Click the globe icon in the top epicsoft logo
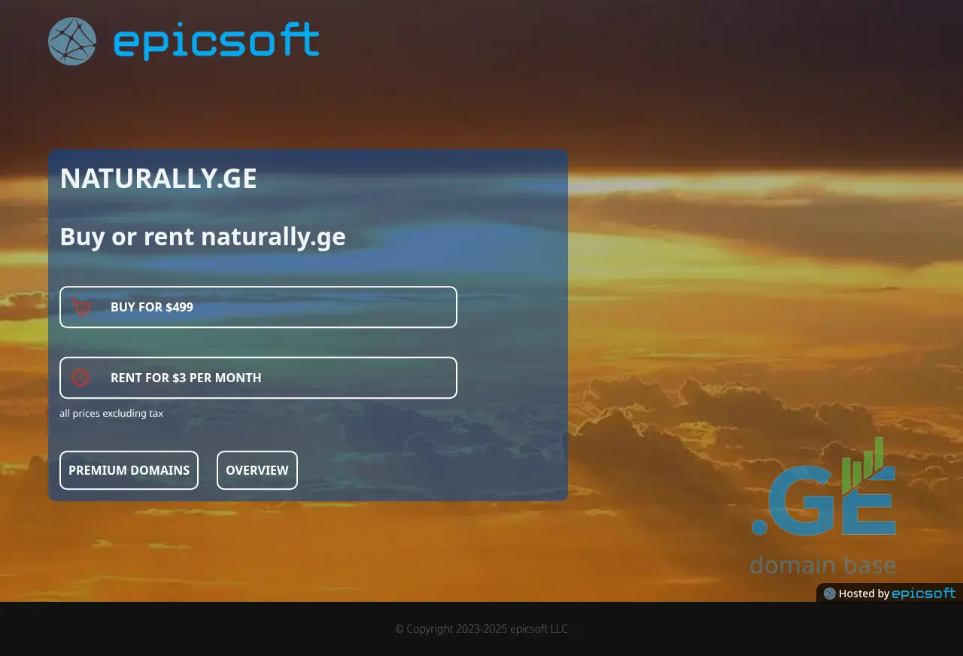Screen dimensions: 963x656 tap(71, 41)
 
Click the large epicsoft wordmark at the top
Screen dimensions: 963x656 tap(216, 41)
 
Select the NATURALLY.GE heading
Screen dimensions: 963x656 tap(158, 178)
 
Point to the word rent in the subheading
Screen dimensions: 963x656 tap(169, 236)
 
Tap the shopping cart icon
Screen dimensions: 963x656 tap(81, 307)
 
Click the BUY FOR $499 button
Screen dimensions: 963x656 tap(258, 307)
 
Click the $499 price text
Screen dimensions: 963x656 tap(179, 307)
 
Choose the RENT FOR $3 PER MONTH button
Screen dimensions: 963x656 tap(258, 378)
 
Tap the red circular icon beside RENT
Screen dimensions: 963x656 tap(81, 378)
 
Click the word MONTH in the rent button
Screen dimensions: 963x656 tap(238, 378)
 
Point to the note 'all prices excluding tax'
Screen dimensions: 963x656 tap(111, 413)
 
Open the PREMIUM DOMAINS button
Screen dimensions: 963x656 tap(129, 470)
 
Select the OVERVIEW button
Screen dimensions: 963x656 tap(257, 470)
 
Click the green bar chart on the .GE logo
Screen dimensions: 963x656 tap(862, 465)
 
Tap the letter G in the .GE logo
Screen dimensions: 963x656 tap(801, 501)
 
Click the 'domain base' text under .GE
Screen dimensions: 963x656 tap(823, 565)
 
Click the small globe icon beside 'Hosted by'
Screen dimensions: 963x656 tap(829, 594)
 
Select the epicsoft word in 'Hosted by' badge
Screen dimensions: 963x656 tap(923, 594)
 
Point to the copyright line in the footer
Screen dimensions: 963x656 tap(481, 629)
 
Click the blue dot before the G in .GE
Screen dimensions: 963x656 tap(759, 527)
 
